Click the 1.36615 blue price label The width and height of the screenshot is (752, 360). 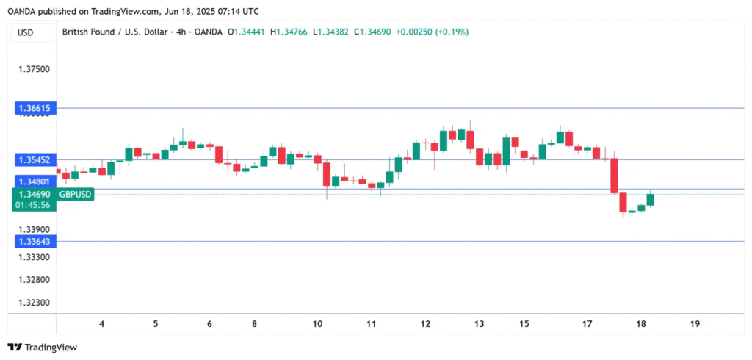coord(34,108)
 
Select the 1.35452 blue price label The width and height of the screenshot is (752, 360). coord(34,159)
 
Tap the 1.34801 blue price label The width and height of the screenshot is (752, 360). coord(34,181)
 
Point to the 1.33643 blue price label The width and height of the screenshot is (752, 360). coord(34,241)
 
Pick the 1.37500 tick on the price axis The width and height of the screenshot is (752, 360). coord(34,70)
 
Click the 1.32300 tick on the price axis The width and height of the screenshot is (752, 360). coord(34,303)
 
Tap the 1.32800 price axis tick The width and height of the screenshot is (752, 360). coord(34,280)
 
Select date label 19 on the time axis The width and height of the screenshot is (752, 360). coord(695,324)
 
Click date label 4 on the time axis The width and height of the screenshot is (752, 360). coord(101,324)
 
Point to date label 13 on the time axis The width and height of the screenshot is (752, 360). coord(479,324)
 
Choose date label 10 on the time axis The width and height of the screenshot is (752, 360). coord(317,324)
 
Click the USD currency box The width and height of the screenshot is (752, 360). coord(26,32)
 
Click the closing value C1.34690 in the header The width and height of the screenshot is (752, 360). coord(374,32)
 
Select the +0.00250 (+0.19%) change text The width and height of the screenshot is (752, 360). coord(434,32)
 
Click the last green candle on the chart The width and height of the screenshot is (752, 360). coord(650,199)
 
